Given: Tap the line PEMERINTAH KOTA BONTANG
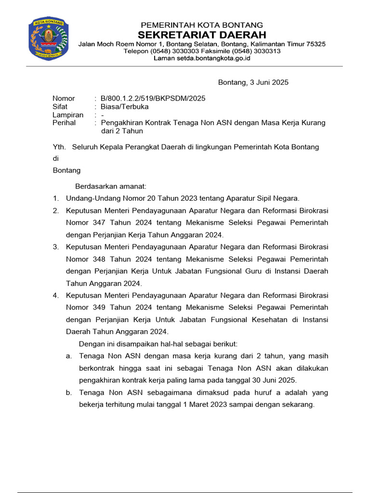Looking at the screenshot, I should click(201, 25).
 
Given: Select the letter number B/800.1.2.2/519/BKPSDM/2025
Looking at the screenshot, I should click(153, 99).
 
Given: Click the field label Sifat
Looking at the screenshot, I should click(60, 107).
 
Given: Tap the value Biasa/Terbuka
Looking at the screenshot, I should click(125, 107).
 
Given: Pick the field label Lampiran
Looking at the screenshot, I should click(67, 115).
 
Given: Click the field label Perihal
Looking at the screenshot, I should click(64, 123).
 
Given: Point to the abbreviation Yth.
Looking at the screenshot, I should click(58, 147).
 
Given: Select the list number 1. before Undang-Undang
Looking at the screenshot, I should click(56, 198).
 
